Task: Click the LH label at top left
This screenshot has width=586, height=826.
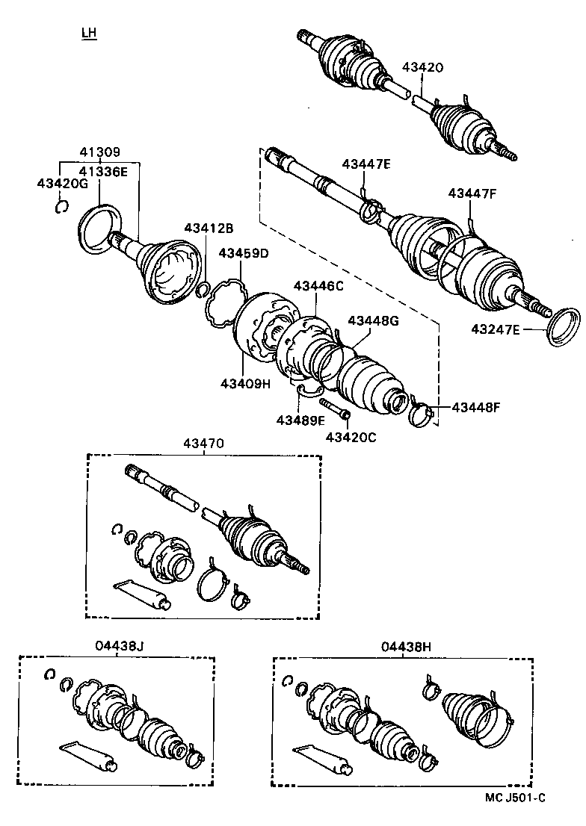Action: click(x=90, y=33)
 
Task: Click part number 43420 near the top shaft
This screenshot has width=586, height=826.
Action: click(x=422, y=67)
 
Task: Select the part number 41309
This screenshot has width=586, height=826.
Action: click(x=99, y=152)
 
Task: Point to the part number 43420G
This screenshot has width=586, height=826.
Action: click(x=62, y=183)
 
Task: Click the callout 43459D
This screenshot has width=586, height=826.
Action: click(x=243, y=253)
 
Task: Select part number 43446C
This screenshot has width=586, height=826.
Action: click(x=318, y=285)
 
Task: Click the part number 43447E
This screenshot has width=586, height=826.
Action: click(x=366, y=164)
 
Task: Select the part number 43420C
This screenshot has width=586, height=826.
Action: click(x=351, y=436)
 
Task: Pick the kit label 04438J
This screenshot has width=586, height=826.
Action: click(x=119, y=646)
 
